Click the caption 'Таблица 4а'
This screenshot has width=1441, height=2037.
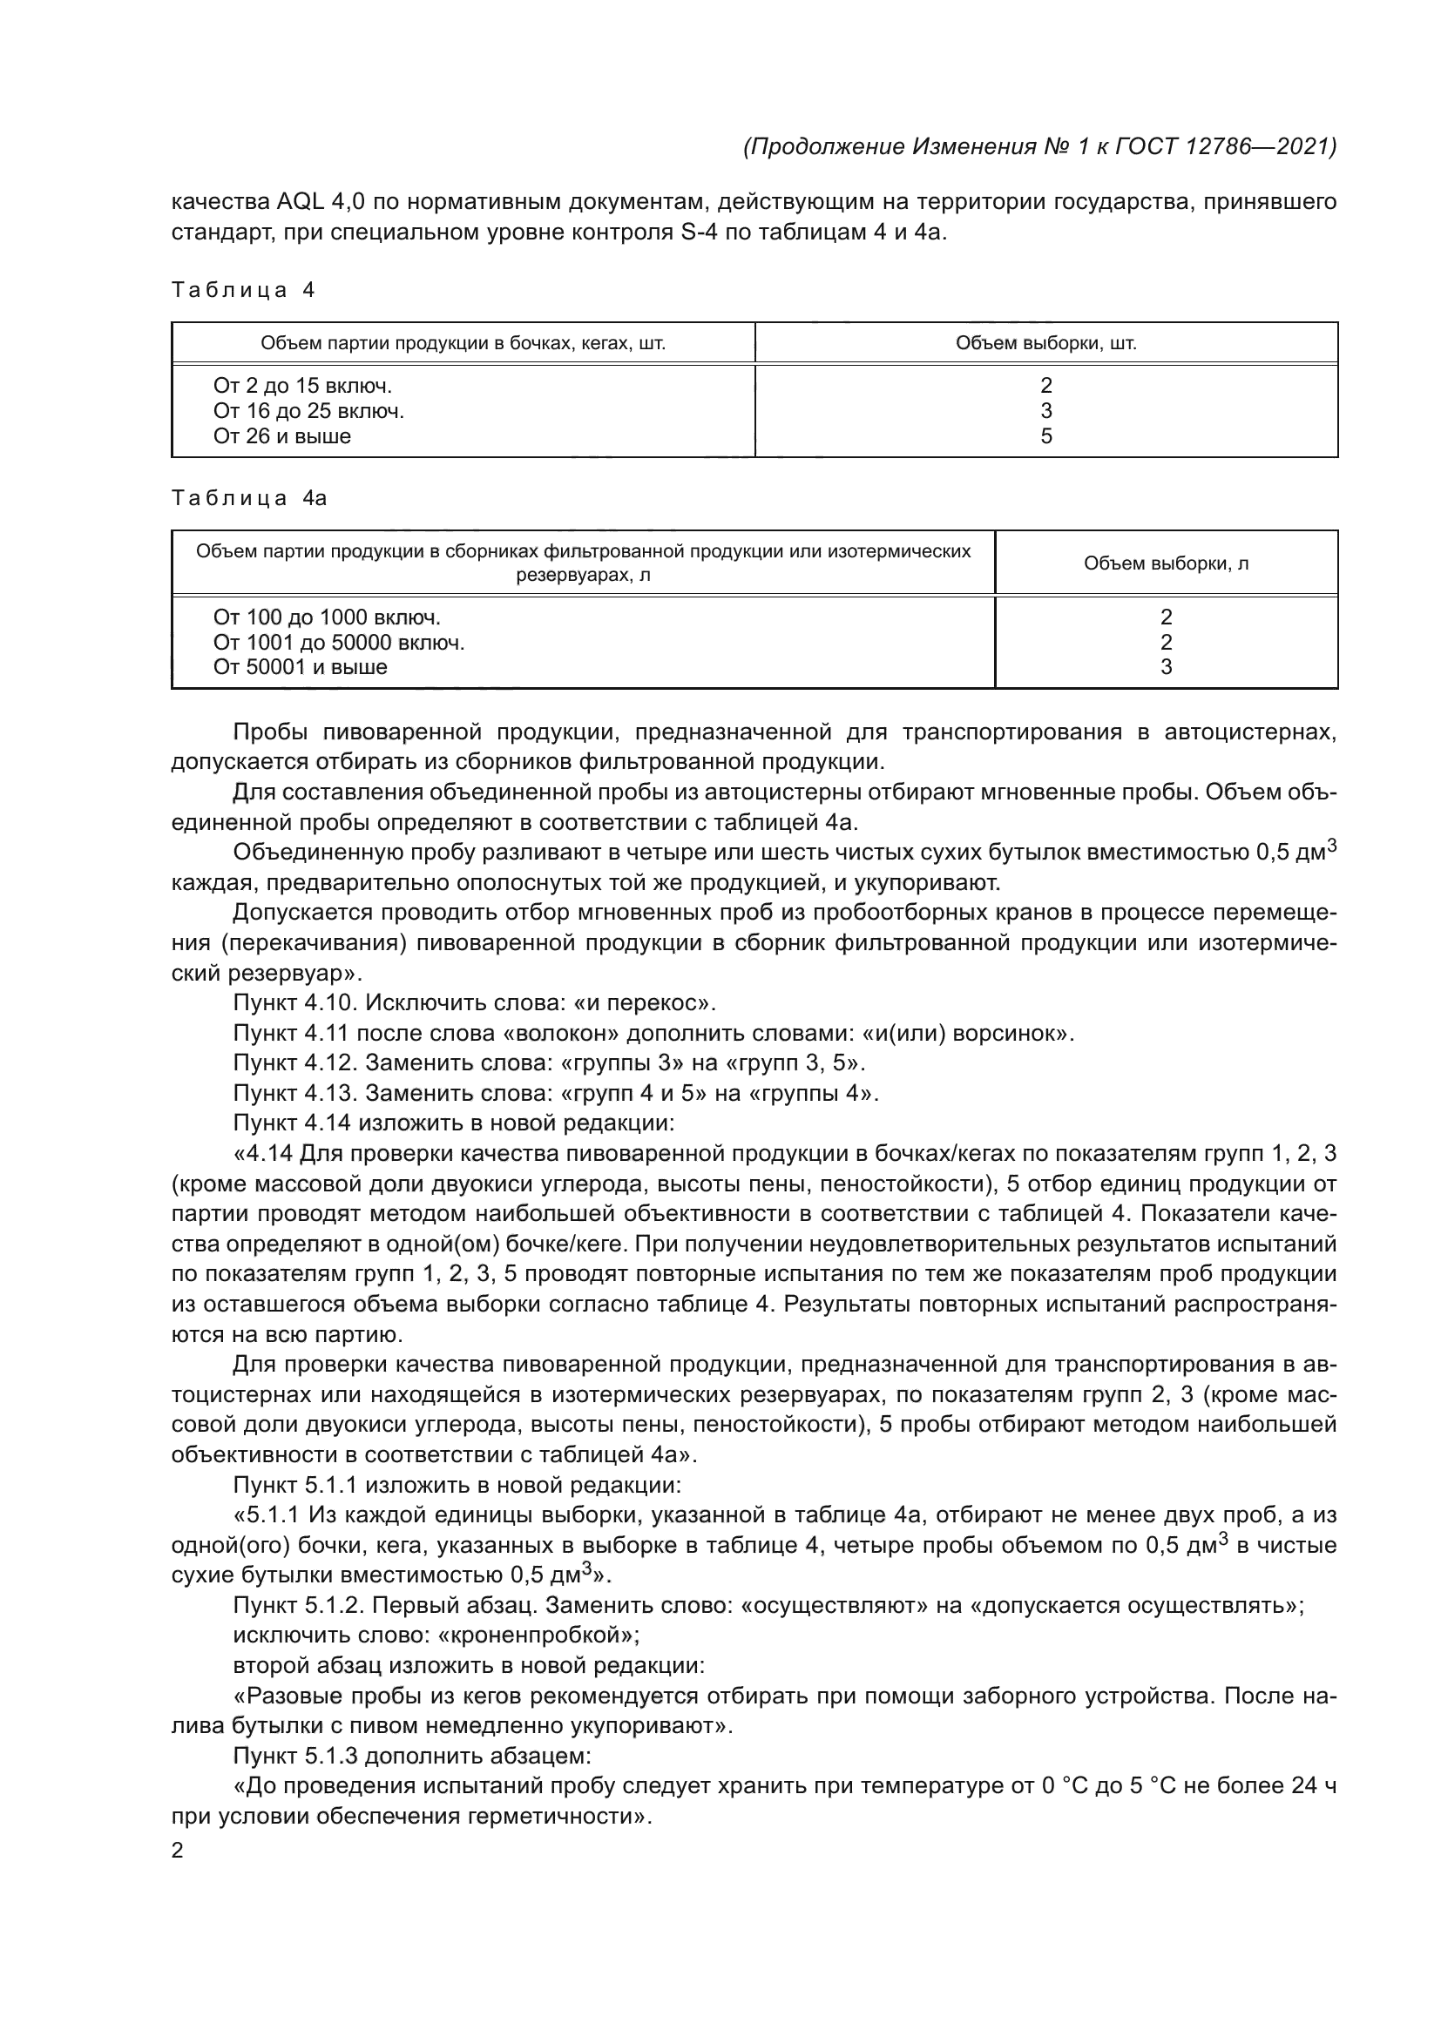[249, 499]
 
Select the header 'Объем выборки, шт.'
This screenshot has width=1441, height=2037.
[1045, 343]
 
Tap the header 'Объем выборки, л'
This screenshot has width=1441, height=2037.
[1165, 563]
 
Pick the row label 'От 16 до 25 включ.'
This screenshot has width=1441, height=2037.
[308, 411]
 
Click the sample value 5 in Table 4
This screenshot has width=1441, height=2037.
[1046, 436]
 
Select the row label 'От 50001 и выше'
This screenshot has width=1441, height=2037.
[300, 667]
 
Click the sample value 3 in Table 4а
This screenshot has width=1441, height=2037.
[1166, 667]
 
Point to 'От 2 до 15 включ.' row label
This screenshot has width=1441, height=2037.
[302, 386]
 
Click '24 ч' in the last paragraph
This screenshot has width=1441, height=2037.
[1313, 1786]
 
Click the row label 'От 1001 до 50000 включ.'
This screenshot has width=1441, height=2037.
[339, 643]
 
